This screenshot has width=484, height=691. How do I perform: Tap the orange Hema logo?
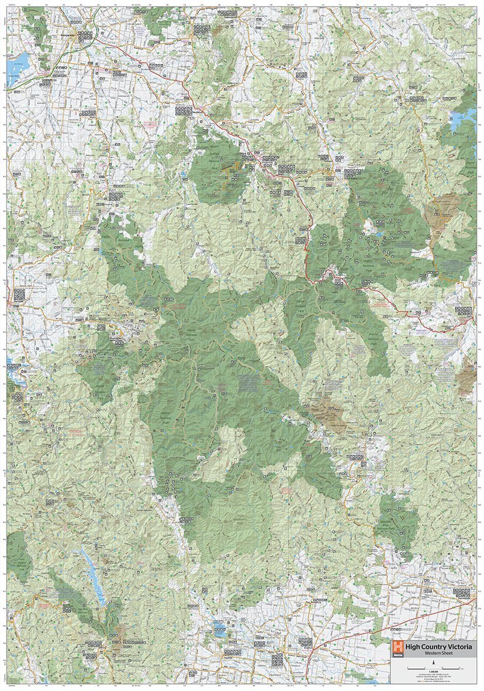pyautogui.click(x=399, y=648)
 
